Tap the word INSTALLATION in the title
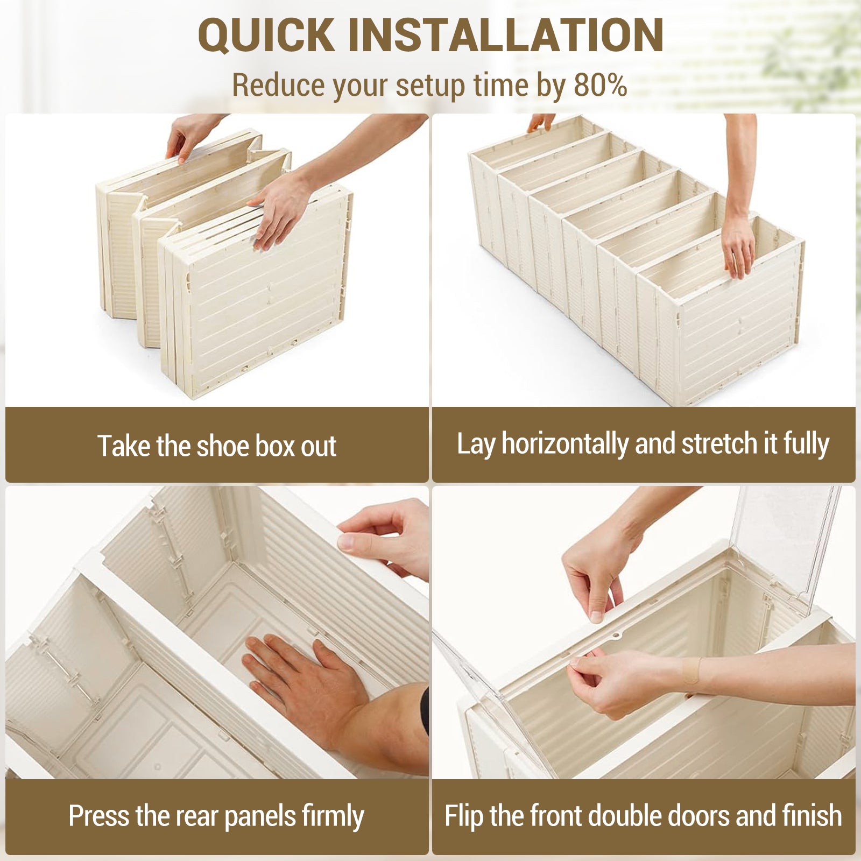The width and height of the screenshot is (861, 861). pos(506,35)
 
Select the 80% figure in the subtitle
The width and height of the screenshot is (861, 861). pos(601,85)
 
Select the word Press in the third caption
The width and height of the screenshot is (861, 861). pos(100,816)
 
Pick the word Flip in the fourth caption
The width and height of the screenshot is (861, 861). pos(464,816)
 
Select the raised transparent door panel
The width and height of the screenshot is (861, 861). pos(787,544)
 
